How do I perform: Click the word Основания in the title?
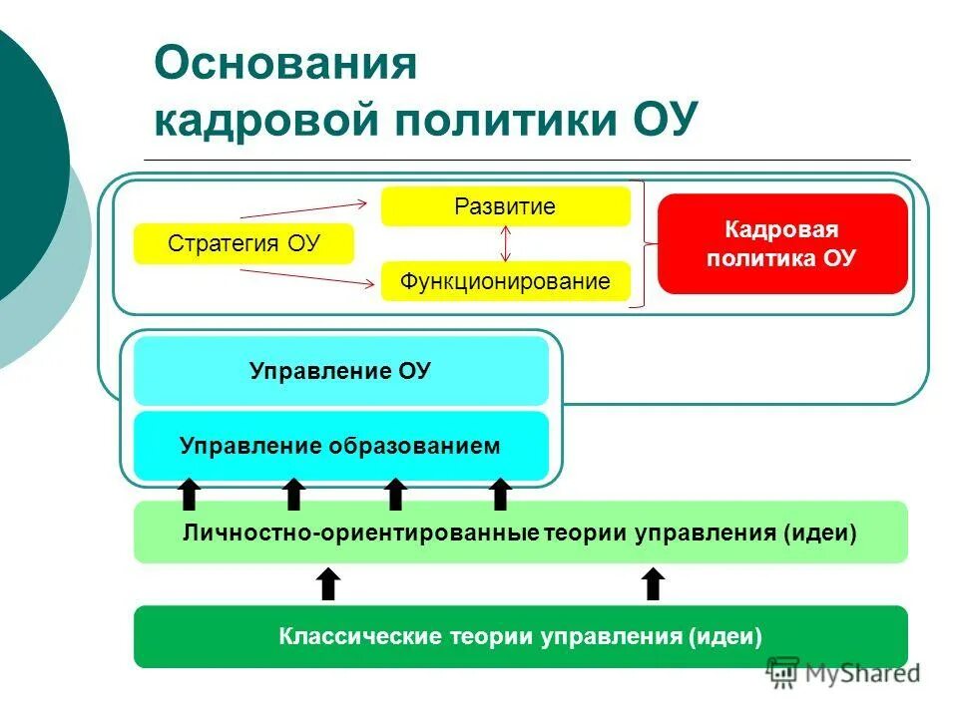[286, 65]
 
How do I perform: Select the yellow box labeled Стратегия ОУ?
[243, 244]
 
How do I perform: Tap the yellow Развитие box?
[505, 206]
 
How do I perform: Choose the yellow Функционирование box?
[505, 281]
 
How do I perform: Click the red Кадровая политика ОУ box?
[781, 244]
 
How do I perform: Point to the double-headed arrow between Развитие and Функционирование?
[506, 243]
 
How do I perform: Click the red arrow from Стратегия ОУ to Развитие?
[304, 207]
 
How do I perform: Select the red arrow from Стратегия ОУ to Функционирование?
[304, 280]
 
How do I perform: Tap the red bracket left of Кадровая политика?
[644, 243]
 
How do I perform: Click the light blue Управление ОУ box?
[340, 371]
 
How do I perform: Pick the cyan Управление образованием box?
[340, 446]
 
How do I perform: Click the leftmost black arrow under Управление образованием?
[190, 494]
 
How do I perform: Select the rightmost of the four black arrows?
[501, 494]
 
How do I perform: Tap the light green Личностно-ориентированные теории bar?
[520, 533]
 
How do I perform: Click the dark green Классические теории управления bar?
[520, 636]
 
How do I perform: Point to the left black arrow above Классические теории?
[328, 583]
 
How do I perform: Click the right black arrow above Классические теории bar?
[653, 583]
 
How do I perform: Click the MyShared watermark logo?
[843, 672]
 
